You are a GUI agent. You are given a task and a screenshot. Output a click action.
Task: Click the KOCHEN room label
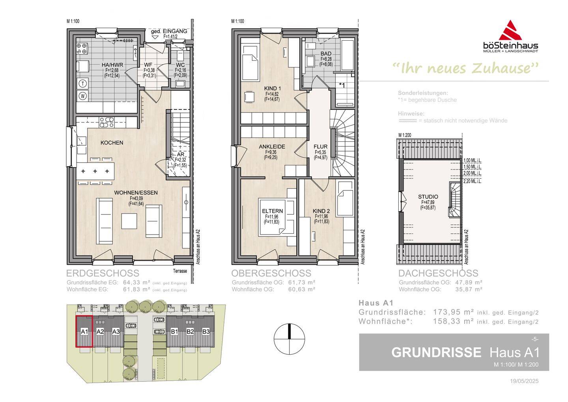112,143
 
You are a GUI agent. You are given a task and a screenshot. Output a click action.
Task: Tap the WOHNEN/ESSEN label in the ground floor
136,193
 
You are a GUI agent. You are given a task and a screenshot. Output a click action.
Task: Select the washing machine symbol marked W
83,96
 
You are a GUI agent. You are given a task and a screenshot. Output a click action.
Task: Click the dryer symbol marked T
83,83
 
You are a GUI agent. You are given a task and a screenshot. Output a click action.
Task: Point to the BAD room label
326,54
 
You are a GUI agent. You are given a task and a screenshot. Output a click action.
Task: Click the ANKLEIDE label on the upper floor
272,147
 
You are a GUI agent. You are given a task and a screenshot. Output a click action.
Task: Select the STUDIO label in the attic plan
428,197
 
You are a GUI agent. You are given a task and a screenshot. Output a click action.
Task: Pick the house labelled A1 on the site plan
84,331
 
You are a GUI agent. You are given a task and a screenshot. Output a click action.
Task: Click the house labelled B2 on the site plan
191,331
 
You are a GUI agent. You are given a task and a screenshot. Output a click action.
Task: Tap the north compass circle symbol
290,339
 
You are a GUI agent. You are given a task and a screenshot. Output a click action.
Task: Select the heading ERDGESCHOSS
103,273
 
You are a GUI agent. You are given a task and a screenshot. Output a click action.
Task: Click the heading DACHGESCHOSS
438,273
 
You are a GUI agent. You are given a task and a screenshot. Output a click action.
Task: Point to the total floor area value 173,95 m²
453,312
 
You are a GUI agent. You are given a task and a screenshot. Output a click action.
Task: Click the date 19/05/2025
524,381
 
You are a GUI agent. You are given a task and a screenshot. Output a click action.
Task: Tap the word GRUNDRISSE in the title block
436,352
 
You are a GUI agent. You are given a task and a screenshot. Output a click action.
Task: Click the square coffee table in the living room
129,221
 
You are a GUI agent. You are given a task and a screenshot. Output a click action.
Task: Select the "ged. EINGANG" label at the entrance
169,31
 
